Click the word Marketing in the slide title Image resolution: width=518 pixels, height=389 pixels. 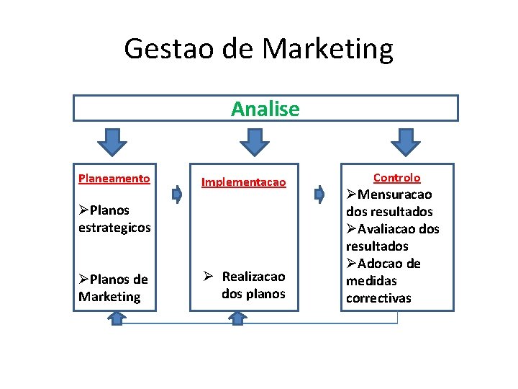coord(327,49)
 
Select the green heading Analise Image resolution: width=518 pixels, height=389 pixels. coord(265,109)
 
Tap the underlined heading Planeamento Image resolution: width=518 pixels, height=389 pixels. coord(114,178)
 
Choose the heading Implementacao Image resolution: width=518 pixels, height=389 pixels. coord(243,182)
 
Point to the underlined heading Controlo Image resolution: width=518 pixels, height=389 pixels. coord(397,177)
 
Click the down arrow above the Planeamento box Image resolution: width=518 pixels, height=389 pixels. coord(112,142)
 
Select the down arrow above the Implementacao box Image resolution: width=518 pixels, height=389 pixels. coord(255,142)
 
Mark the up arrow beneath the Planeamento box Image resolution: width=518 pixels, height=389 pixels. coord(115,318)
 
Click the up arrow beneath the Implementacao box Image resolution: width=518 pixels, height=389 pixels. coord(237,318)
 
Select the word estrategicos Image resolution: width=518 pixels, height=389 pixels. coord(114,228)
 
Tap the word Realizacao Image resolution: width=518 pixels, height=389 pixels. coord(253,277)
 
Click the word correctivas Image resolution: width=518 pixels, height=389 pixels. coord(378,298)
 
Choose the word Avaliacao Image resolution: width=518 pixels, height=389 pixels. coord(388,229)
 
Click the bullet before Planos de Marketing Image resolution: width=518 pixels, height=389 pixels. coord(84,280)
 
